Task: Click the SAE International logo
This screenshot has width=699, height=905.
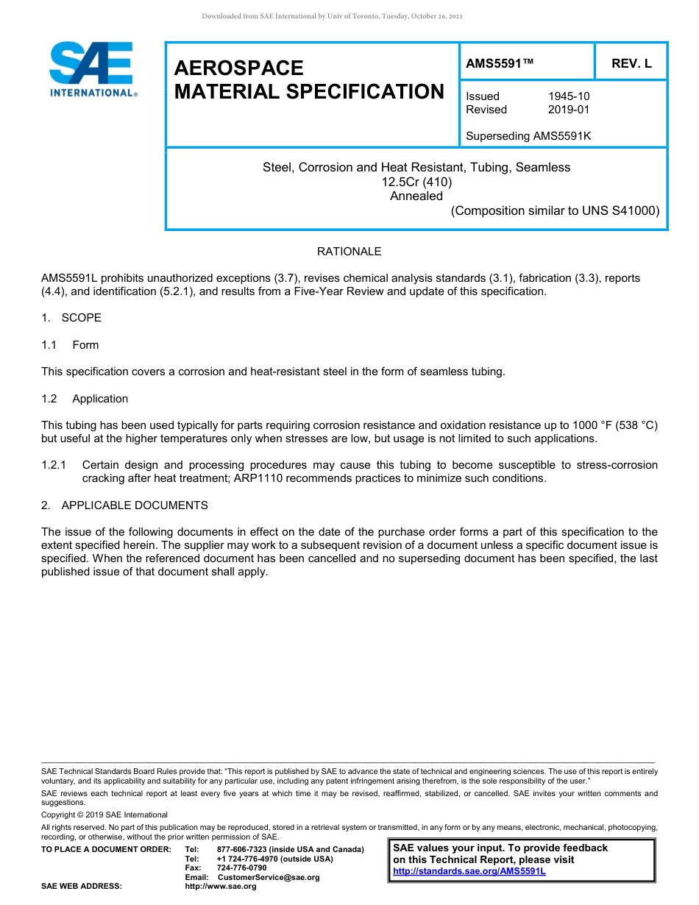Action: click(92, 69)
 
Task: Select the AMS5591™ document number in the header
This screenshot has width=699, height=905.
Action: click(500, 63)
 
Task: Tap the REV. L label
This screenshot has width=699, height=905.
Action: click(631, 63)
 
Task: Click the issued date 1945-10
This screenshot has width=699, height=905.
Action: click(569, 96)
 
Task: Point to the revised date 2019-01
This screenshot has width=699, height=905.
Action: click(569, 110)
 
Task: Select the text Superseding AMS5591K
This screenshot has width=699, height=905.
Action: click(528, 136)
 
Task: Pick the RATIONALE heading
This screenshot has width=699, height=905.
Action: click(349, 252)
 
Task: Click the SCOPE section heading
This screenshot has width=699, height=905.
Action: click(81, 318)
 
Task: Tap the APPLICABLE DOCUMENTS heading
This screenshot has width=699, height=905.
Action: click(135, 505)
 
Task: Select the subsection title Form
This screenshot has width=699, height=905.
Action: click(85, 345)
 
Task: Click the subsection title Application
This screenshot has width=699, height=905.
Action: click(100, 399)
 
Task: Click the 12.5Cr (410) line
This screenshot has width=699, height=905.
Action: click(416, 182)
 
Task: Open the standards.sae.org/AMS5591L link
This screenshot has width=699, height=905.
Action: click(469, 871)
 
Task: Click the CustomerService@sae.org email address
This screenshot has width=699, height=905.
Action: click(269, 878)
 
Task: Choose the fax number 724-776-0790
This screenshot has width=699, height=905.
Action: click(242, 868)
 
